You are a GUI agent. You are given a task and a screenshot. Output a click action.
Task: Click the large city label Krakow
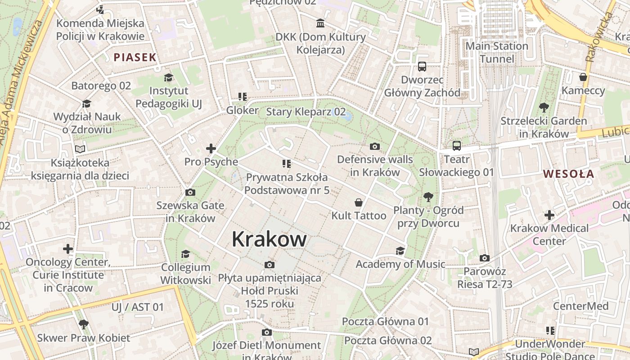(x=269, y=239)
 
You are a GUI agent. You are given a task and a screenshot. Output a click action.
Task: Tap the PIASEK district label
(x=135, y=57)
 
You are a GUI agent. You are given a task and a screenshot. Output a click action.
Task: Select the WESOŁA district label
(x=568, y=174)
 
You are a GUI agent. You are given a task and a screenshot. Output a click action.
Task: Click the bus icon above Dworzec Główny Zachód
(x=422, y=67)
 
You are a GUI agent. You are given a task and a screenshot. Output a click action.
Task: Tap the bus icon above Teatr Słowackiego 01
(x=457, y=146)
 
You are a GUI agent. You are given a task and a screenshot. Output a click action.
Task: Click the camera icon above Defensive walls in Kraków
(x=374, y=146)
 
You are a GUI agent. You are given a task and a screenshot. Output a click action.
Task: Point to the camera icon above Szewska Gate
(x=190, y=193)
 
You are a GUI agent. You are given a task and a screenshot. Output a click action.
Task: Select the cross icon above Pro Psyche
(x=211, y=148)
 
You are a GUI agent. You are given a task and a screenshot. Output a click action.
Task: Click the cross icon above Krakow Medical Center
(x=549, y=215)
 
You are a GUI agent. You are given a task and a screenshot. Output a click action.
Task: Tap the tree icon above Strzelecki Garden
(x=544, y=108)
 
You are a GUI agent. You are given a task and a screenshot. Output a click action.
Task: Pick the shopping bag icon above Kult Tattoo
(x=359, y=202)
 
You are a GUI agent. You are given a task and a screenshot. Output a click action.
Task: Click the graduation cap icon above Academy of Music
(x=400, y=251)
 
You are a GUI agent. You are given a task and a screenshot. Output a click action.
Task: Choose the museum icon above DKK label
(x=320, y=23)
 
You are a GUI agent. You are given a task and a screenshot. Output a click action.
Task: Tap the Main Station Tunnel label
(x=497, y=52)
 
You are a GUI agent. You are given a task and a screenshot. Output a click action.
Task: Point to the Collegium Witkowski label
(x=186, y=274)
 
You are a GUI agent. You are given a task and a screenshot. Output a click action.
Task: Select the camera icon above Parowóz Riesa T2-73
(x=485, y=258)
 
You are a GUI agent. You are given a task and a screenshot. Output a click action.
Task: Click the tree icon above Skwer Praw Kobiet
(x=83, y=324)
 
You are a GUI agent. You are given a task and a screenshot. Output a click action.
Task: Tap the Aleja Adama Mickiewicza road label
(x=22, y=81)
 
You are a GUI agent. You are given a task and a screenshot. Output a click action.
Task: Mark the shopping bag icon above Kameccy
(x=583, y=77)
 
